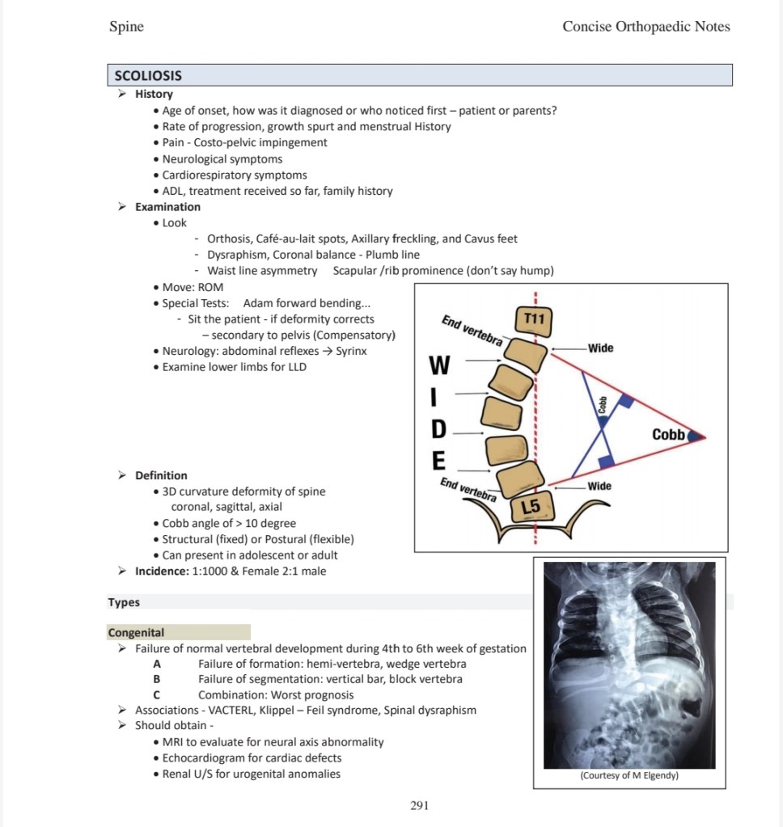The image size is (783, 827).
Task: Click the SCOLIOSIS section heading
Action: coord(148,76)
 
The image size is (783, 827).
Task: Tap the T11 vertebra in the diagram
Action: coord(533,320)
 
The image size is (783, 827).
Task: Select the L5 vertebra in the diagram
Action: coord(532,506)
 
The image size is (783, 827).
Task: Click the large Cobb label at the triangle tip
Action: coord(668,435)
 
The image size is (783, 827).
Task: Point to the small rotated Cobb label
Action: coord(602,405)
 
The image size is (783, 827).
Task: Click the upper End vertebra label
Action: coord(472,330)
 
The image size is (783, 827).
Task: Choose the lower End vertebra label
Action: coord(468,490)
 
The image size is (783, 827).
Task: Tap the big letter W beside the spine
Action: coord(439,365)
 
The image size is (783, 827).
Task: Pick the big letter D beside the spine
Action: coord(438,429)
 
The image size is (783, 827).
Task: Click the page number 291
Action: coord(420,805)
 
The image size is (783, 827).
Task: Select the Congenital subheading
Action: coord(136,632)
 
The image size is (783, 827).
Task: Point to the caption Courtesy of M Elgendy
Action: coord(629,775)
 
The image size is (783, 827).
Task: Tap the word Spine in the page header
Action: coord(127,27)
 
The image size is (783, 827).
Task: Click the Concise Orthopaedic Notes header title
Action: coord(646,27)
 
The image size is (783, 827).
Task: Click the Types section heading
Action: coord(124,602)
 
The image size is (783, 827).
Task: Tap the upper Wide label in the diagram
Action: coord(600,348)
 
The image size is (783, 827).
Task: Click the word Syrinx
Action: coord(351,352)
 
